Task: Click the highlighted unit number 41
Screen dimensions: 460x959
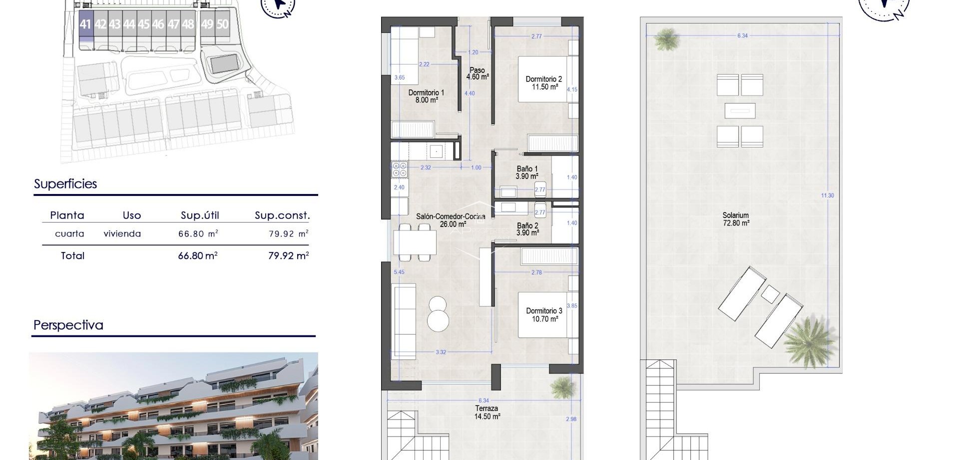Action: (x=85, y=24)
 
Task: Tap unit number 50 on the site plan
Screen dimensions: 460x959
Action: (x=222, y=24)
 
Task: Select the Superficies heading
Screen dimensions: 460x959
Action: (x=65, y=184)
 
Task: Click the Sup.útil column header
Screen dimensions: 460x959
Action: (x=200, y=215)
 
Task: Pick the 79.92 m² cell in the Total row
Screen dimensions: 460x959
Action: (x=288, y=255)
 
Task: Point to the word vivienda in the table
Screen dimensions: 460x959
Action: (x=122, y=233)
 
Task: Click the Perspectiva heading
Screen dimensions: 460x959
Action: (x=68, y=325)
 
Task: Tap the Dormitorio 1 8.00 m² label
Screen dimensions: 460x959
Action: (x=426, y=96)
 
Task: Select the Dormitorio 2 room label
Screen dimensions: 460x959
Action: (x=543, y=82)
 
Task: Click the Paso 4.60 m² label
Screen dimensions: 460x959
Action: (x=477, y=73)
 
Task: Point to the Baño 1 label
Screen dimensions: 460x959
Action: (x=527, y=172)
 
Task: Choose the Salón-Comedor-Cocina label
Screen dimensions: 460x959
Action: (x=451, y=220)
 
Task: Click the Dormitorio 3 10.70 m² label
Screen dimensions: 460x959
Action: (x=544, y=314)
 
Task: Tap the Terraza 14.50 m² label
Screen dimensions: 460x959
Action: (x=486, y=412)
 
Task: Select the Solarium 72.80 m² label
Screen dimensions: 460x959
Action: (x=736, y=219)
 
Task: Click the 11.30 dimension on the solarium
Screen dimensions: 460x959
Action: (x=828, y=195)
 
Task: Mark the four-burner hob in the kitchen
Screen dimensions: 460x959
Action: (x=400, y=168)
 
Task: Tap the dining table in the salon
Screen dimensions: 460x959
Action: (x=415, y=242)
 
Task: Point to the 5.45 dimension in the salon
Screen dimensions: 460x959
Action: (x=399, y=272)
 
